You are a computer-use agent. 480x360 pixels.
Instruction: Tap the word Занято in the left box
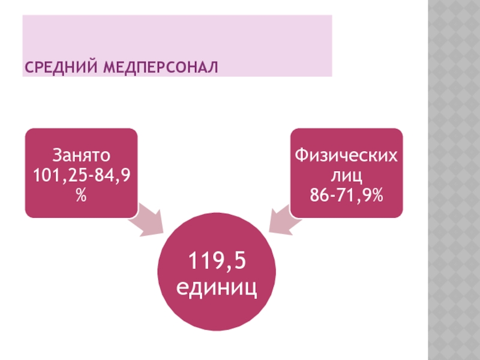pos(82,156)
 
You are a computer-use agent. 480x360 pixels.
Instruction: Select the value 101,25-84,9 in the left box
pos(82,175)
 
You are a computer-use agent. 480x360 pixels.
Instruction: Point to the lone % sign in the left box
pos(82,194)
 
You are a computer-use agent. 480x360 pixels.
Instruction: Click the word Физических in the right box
pos(346,156)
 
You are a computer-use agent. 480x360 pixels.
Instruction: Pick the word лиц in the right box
pos(346,175)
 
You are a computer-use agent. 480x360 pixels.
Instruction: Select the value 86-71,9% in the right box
pos(346,194)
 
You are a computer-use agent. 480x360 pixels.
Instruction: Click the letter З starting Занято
pos(56,156)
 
